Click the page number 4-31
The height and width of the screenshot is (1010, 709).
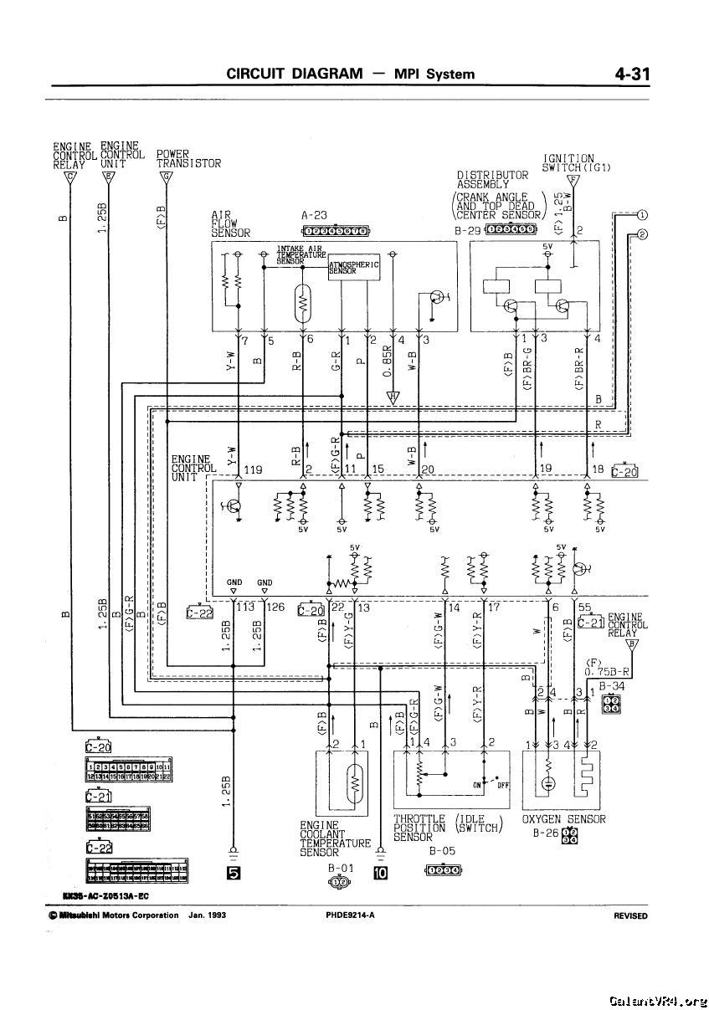(x=632, y=74)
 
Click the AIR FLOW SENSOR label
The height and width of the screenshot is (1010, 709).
(x=230, y=223)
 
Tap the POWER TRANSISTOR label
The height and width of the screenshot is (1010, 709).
(x=188, y=159)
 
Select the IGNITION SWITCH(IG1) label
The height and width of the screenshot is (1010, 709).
(x=576, y=162)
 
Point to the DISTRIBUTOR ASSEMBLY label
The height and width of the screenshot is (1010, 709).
(x=492, y=180)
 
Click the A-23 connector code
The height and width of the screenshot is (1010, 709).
(x=314, y=215)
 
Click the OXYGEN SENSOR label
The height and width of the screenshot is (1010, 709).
(x=563, y=819)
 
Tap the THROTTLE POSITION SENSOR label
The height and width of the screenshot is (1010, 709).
(x=419, y=828)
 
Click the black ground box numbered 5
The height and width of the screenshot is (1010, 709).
(x=234, y=874)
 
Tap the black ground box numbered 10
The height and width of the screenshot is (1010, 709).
(x=380, y=874)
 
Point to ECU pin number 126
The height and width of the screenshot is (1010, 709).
(x=275, y=608)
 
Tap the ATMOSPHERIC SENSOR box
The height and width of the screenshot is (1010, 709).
(x=354, y=268)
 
